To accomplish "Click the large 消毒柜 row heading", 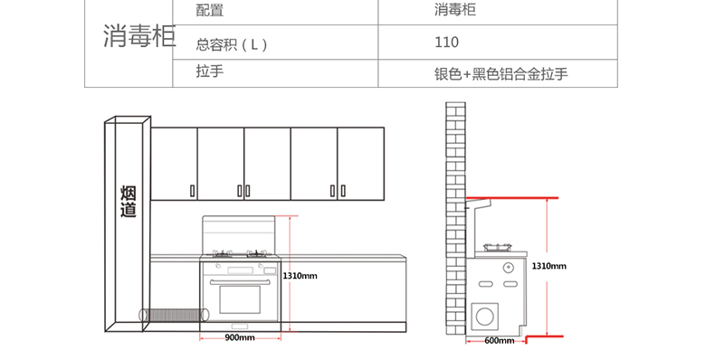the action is (139, 36).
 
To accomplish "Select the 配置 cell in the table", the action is (210, 10).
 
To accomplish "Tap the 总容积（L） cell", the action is (232, 44).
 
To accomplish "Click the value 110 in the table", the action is (446, 42).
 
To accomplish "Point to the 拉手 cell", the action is (210, 71).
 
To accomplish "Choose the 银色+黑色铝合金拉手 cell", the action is (501, 74).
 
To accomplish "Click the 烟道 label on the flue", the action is (129, 201).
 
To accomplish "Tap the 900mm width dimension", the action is (240, 337).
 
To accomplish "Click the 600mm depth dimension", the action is (500, 340).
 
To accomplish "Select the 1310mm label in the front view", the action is (300, 276).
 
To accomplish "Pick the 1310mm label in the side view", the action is (549, 266).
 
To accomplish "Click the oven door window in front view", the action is (240, 299).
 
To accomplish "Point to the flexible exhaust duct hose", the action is (174, 315).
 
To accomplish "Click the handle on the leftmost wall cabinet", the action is (193, 191).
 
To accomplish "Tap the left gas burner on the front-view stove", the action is (222, 253).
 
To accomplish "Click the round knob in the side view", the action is (509, 268).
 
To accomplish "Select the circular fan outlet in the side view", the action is (485, 316).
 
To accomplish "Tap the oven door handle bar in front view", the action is (240, 282).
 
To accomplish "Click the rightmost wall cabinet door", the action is (361, 164).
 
